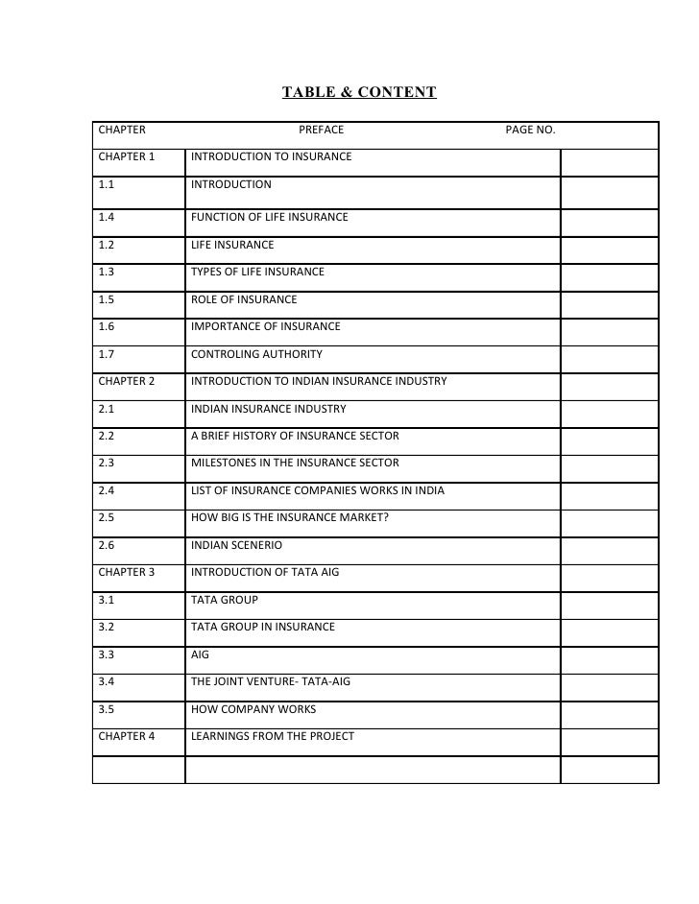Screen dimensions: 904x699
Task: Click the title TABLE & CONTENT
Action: click(x=358, y=93)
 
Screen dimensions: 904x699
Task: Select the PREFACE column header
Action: click(x=321, y=130)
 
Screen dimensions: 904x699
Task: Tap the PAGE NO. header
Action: click(x=530, y=130)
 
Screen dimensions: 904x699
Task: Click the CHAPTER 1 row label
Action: click(x=126, y=156)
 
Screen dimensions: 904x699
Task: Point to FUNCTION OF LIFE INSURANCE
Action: click(x=269, y=217)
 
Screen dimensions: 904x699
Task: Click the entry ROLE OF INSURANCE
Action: click(x=244, y=299)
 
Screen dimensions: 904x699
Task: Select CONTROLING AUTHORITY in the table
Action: click(x=256, y=354)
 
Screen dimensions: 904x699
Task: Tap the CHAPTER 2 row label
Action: click(x=126, y=381)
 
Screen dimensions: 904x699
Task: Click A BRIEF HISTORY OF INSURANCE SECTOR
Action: click(x=295, y=436)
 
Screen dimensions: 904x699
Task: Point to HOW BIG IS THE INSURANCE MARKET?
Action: click(x=290, y=518)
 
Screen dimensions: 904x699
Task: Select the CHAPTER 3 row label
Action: click(x=126, y=572)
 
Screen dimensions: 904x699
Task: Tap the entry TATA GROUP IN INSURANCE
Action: click(x=263, y=627)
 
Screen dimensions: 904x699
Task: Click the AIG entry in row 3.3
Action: click(x=200, y=654)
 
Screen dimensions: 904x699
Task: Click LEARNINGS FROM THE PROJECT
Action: click(x=273, y=736)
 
